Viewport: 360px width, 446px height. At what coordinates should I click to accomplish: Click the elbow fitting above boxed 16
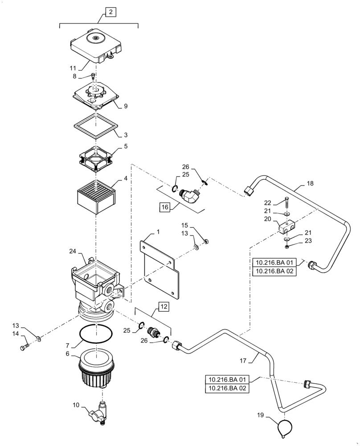191,196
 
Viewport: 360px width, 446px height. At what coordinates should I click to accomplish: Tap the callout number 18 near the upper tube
311,183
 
